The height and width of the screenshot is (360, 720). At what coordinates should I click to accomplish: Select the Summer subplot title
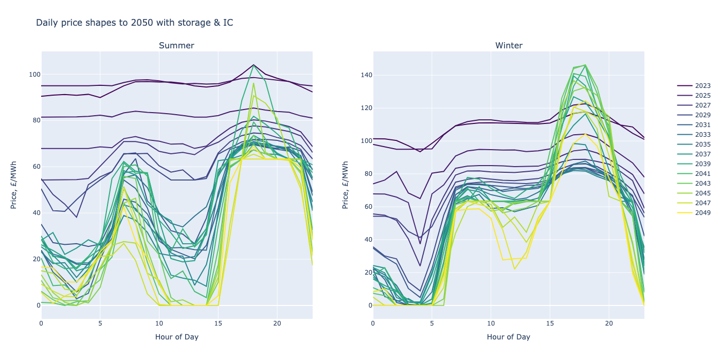point(176,46)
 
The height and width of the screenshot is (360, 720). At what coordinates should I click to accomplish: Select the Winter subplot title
point(509,46)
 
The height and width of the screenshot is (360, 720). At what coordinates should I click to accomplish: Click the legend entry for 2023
point(702,86)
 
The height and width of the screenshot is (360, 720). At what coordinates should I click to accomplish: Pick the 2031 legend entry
point(702,125)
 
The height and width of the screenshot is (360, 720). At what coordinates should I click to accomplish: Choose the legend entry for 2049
point(702,213)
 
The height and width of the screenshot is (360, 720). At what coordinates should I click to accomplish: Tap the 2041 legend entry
point(702,174)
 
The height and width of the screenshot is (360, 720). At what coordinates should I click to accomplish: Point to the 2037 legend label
point(702,154)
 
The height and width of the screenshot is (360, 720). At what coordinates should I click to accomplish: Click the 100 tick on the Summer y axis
point(34,75)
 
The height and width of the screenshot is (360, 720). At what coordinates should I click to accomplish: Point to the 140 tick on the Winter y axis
point(366,75)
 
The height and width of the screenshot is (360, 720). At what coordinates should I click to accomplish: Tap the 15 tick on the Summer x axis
point(218,323)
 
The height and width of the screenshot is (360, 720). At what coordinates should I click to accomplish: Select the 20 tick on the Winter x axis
point(609,323)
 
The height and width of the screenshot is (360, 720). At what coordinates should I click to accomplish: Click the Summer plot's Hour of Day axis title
point(176,337)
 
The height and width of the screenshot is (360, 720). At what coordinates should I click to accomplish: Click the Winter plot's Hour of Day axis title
point(508,337)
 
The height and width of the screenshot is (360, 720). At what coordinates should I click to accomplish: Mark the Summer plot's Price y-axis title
point(14,185)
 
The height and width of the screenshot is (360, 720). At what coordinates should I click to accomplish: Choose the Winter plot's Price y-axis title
point(346,185)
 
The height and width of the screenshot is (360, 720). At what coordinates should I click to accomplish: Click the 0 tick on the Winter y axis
point(369,305)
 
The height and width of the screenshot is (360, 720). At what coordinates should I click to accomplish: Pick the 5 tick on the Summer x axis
point(100,323)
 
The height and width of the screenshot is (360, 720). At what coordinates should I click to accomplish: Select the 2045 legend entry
point(702,193)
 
